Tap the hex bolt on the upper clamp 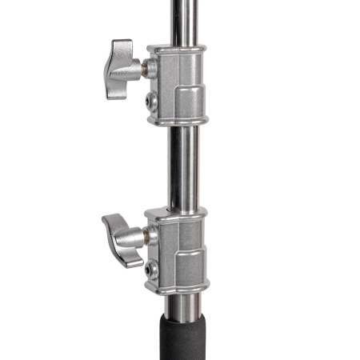152,102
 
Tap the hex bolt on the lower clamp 152,270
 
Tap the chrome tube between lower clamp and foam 181,305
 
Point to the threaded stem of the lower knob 147,236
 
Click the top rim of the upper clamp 178,48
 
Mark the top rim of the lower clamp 178,212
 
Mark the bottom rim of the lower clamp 178,290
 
